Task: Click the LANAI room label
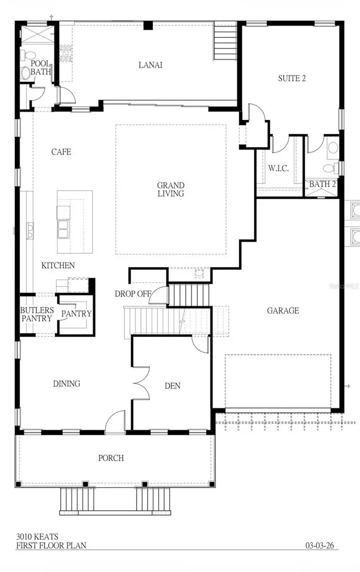(150, 65)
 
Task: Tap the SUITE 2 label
(292, 78)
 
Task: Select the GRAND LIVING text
(171, 189)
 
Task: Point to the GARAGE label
(283, 310)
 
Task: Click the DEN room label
(173, 386)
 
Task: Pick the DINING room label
(66, 383)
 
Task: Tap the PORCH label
(111, 458)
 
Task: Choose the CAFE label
(61, 152)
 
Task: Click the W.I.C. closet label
(278, 169)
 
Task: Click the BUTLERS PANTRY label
(36, 314)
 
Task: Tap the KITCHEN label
(58, 265)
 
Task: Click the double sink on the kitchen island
(63, 228)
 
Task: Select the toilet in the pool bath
(26, 72)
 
